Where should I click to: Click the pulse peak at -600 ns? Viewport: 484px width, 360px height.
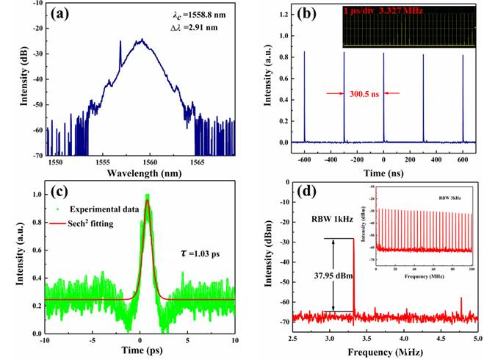click(305, 51)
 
